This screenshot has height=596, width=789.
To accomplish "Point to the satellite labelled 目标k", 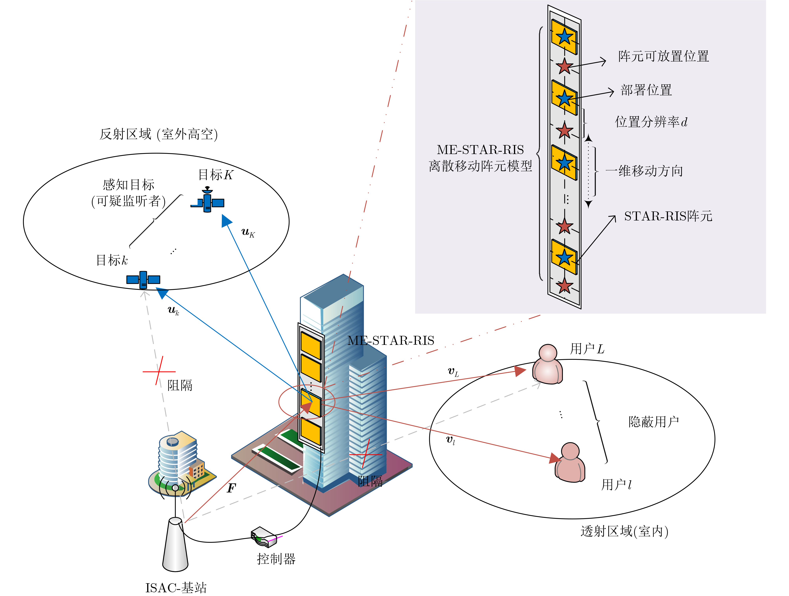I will click(x=143, y=279).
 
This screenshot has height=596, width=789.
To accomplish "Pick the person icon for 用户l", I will click(x=570, y=463).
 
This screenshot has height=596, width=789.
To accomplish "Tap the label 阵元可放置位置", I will click(x=663, y=56).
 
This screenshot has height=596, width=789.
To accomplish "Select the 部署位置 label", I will click(x=646, y=90).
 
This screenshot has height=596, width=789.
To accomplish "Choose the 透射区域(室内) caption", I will click(x=624, y=531).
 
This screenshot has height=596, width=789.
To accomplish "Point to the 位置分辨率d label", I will click(x=651, y=122).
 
